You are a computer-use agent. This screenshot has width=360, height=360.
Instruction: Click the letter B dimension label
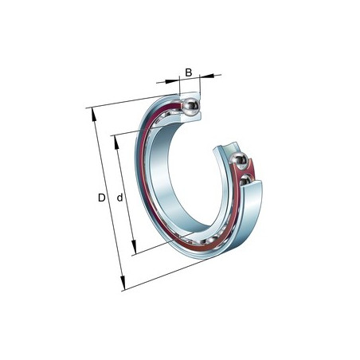[189, 72]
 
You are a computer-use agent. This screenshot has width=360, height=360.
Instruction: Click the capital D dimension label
[102, 198]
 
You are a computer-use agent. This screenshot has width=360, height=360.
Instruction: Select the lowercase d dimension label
[120, 198]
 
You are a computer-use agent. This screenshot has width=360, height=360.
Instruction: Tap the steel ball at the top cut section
[190, 107]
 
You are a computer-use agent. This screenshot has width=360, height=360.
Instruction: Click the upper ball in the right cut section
[239, 160]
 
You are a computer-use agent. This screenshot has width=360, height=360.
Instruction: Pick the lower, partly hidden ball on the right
[245, 180]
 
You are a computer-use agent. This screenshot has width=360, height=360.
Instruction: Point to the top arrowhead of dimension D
[94, 114]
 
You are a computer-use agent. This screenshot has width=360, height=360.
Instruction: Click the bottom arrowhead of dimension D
[123, 283]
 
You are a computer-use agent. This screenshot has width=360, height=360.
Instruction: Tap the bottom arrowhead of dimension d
[134, 247]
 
